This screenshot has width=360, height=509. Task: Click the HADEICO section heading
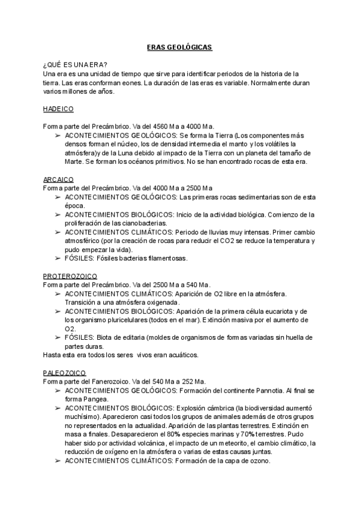coord(58,109)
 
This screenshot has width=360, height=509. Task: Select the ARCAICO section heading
coord(58,179)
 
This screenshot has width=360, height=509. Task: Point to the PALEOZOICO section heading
coord(65,372)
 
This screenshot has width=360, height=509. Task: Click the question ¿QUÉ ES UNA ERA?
coord(76,64)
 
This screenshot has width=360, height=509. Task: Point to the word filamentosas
coord(165,258)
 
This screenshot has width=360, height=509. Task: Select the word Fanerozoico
coord(107,381)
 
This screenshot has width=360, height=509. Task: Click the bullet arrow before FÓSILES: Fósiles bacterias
coord(57,258)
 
